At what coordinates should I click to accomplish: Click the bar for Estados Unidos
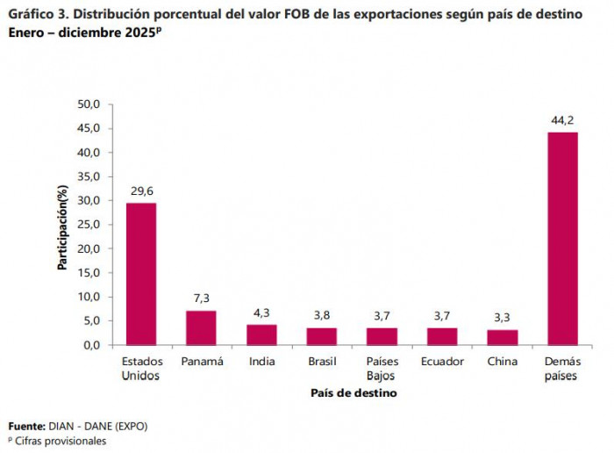pyautogui.click(x=141, y=273)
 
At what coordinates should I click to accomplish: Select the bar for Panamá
pyautogui.click(x=201, y=327)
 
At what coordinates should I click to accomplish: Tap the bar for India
pyautogui.click(x=261, y=334)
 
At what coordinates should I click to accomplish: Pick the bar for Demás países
pyautogui.click(x=562, y=238)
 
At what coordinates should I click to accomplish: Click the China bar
pyautogui.click(x=503, y=337)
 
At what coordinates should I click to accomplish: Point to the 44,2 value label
pyautogui.click(x=562, y=119)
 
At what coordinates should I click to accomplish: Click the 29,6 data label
pyautogui.click(x=141, y=190)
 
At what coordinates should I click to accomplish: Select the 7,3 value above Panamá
pyautogui.click(x=201, y=298)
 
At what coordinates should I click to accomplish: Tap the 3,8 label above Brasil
pyautogui.click(x=322, y=314)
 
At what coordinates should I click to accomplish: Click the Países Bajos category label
pyautogui.click(x=382, y=369)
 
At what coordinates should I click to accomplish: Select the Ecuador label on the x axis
pyautogui.click(x=442, y=362)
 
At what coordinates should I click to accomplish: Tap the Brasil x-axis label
pyautogui.click(x=322, y=362)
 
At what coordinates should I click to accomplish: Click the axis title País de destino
pyautogui.click(x=353, y=393)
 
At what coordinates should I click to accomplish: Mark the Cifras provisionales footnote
pyautogui.click(x=60, y=441)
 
